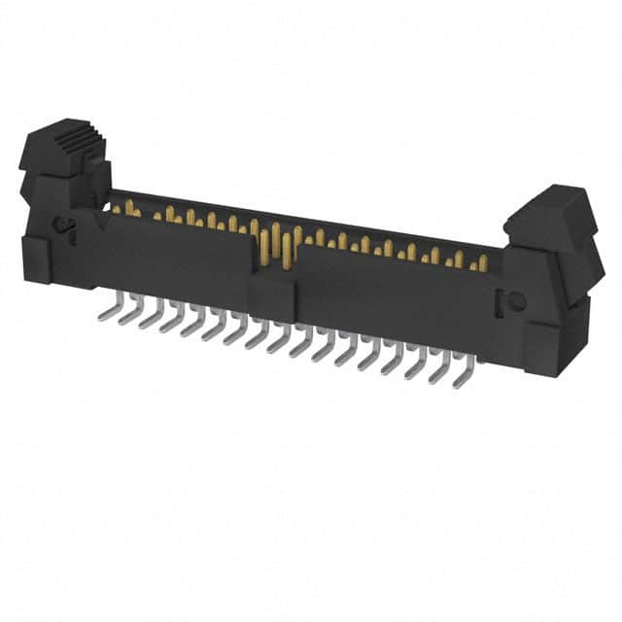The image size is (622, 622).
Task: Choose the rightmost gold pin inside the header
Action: pyautogui.click(x=483, y=262)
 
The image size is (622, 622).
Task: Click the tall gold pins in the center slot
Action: pyautogui.click(x=277, y=243)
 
